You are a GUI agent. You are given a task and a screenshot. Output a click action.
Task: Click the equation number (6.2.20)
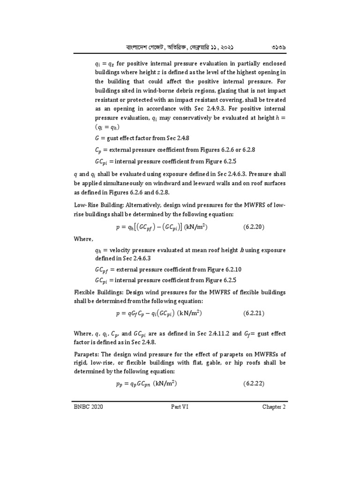click(254, 227)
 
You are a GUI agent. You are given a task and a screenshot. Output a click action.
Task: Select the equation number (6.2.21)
click(254, 313)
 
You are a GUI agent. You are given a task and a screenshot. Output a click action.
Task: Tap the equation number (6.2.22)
click(254, 383)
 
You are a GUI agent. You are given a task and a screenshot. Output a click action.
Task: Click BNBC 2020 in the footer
click(89, 406)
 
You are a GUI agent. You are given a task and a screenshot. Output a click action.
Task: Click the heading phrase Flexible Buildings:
click(95, 292)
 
